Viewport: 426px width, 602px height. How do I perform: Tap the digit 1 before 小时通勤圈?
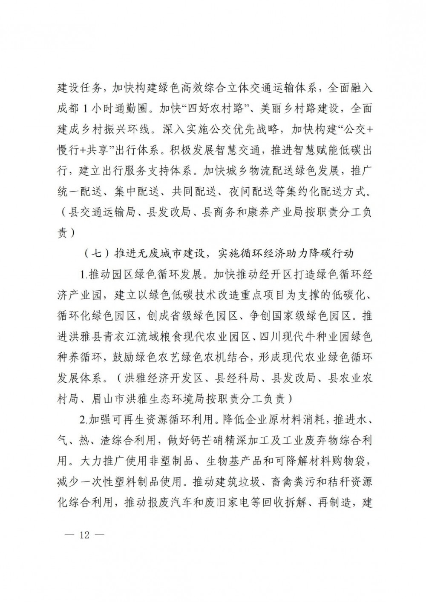[x=85, y=109]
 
